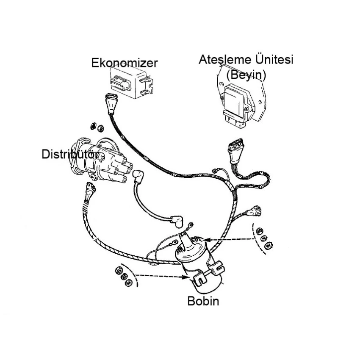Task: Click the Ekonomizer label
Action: [x=125, y=63]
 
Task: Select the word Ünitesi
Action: [x=270, y=59]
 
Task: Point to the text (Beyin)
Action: [x=246, y=75]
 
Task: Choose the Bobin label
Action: [x=203, y=301]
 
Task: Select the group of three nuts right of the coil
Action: [x=263, y=238]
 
